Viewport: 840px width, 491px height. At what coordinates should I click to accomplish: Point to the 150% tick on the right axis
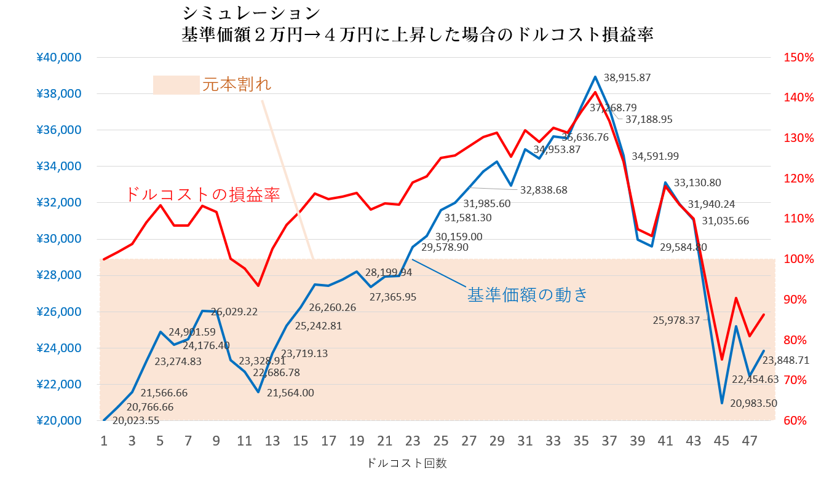[799, 58]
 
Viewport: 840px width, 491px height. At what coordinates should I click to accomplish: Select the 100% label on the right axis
[799, 259]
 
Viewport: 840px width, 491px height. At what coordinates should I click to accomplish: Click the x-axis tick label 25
[440, 441]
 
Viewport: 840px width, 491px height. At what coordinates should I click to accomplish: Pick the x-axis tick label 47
[749, 441]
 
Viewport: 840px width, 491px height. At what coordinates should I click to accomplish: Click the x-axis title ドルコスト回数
[406, 463]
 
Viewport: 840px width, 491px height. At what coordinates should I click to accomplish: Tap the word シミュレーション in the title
[252, 12]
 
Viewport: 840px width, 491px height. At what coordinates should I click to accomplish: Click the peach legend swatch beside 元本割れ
[176, 85]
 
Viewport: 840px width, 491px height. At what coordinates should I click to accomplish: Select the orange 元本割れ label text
[237, 85]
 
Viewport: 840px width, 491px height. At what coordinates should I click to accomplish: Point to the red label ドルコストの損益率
[202, 195]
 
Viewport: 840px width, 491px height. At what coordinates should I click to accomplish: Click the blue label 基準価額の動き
[528, 294]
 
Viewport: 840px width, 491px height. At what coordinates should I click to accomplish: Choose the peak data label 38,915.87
[627, 78]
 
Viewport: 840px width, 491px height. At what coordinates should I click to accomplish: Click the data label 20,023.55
[135, 421]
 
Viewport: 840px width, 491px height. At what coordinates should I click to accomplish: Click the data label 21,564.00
[290, 393]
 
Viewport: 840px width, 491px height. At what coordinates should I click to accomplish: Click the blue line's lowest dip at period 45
[722, 403]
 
